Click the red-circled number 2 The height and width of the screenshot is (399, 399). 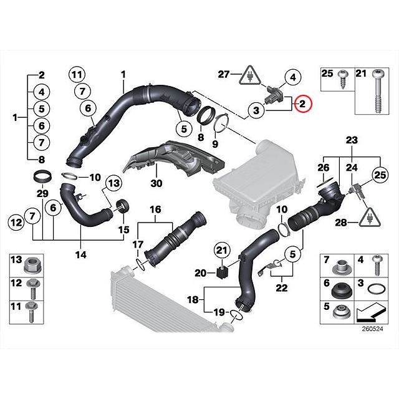pyautogui.click(x=301, y=104)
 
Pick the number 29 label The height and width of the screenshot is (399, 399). pyautogui.click(x=42, y=195)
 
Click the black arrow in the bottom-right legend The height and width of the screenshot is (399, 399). pyautogui.click(x=373, y=307)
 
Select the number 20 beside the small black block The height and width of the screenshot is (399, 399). pyautogui.click(x=199, y=272)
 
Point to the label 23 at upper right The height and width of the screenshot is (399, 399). pyautogui.click(x=352, y=139)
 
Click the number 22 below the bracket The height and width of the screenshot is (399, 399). pyautogui.click(x=282, y=287)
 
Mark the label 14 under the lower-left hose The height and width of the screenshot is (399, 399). pyautogui.click(x=81, y=254)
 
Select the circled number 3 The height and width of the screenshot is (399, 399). pyautogui.click(x=255, y=112)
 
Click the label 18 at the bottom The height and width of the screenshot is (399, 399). pyautogui.click(x=194, y=300)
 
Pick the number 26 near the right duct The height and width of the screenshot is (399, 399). pyautogui.click(x=323, y=167)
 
